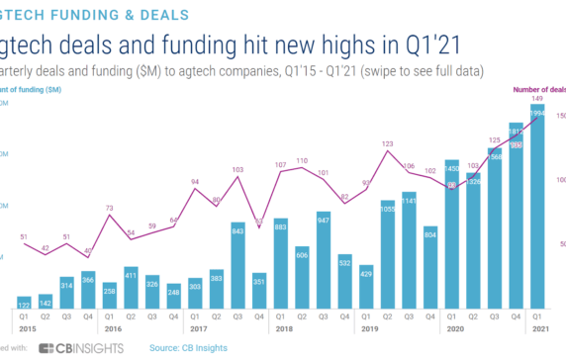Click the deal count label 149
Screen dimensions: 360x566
tap(536, 99)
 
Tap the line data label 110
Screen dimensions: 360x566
tap(302, 159)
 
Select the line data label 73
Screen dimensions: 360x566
tap(109, 208)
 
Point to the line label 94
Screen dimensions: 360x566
tap(195, 182)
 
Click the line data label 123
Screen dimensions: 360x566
tap(388, 144)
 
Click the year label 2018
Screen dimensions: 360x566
tap(280, 328)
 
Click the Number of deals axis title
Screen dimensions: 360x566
tap(538, 89)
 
